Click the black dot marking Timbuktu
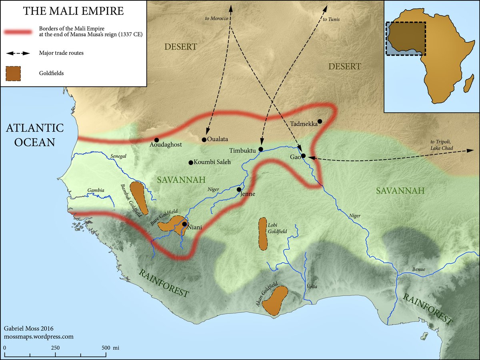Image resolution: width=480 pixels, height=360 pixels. click(260, 149)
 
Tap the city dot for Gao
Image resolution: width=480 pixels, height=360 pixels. click(304, 156)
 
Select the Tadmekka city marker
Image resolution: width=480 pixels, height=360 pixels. click(320, 121)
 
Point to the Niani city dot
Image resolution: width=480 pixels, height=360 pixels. click(184, 224)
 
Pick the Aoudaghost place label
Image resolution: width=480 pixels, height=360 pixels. click(166, 146)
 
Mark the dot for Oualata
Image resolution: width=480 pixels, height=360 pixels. click(204, 140)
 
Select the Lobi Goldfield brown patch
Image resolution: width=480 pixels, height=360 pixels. click(263, 234)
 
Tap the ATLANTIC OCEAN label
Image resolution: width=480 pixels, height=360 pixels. click(34, 135)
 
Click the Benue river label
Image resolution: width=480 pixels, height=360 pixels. click(420, 270)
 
